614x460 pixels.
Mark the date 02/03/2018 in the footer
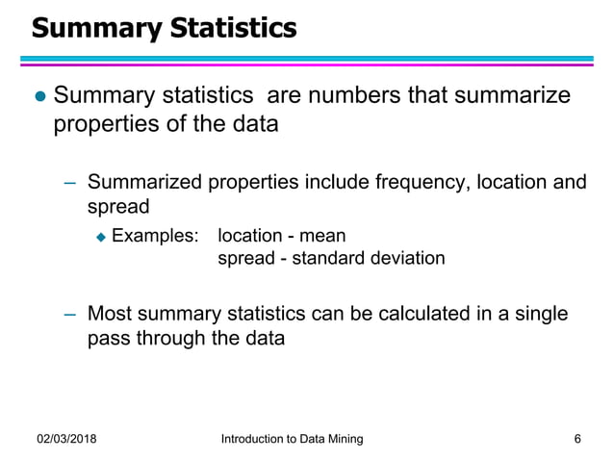pos(66,439)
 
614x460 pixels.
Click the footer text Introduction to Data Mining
pos(292,439)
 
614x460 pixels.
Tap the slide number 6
pos(576,439)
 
